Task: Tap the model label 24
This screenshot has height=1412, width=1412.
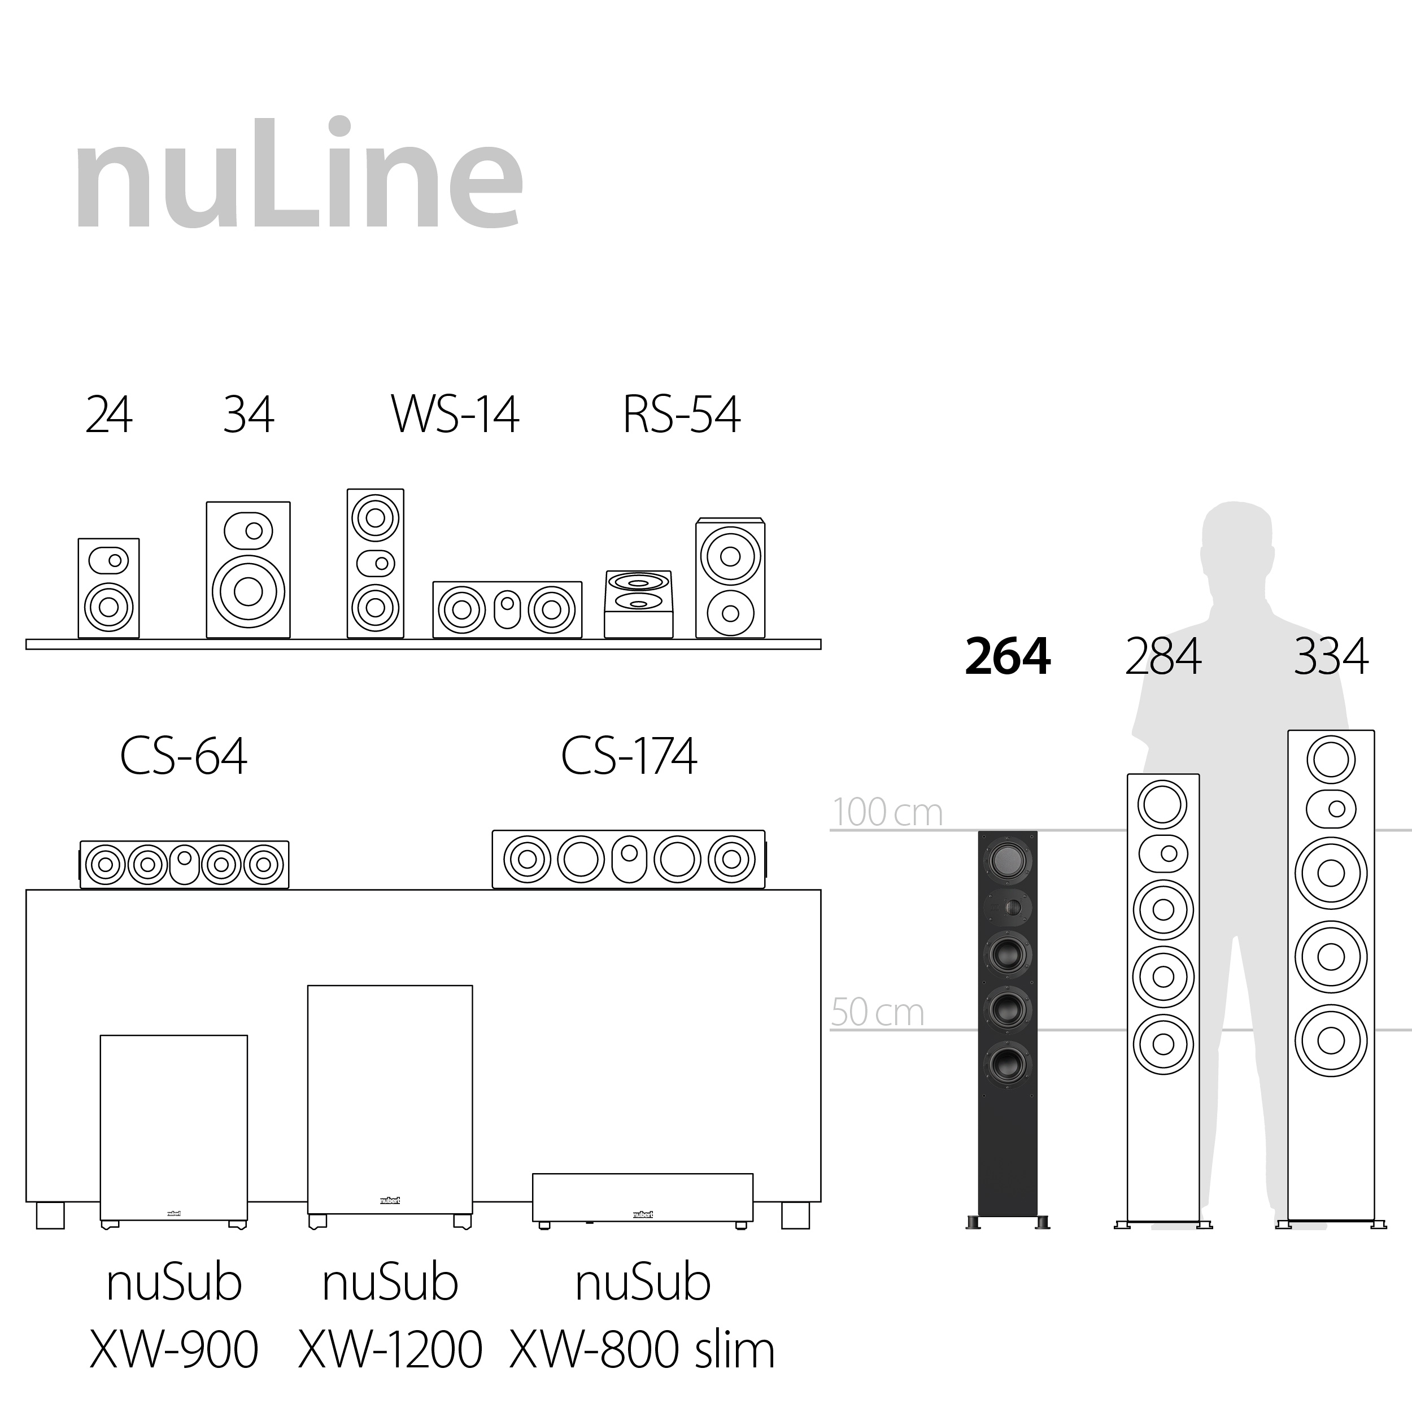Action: pos(109,415)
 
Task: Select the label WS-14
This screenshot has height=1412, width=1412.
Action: pos(455,415)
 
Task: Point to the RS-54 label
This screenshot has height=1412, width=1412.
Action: pos(681,415)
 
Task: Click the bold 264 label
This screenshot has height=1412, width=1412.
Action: pos(1007,656)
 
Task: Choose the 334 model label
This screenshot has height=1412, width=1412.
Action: pos(1330,656)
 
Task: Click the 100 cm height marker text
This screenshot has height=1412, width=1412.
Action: pos(887,812)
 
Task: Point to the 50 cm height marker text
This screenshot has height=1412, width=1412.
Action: pos(877,1012)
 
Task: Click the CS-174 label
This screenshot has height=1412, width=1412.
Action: pos(629,756)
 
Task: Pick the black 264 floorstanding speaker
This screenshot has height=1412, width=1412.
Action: pos(1007,1023)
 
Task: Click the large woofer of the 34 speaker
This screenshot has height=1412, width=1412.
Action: pos(248,591)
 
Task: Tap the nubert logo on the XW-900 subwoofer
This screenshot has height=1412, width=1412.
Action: pos(174,1213)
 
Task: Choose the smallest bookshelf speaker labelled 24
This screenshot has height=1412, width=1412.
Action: pos(108,589)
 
